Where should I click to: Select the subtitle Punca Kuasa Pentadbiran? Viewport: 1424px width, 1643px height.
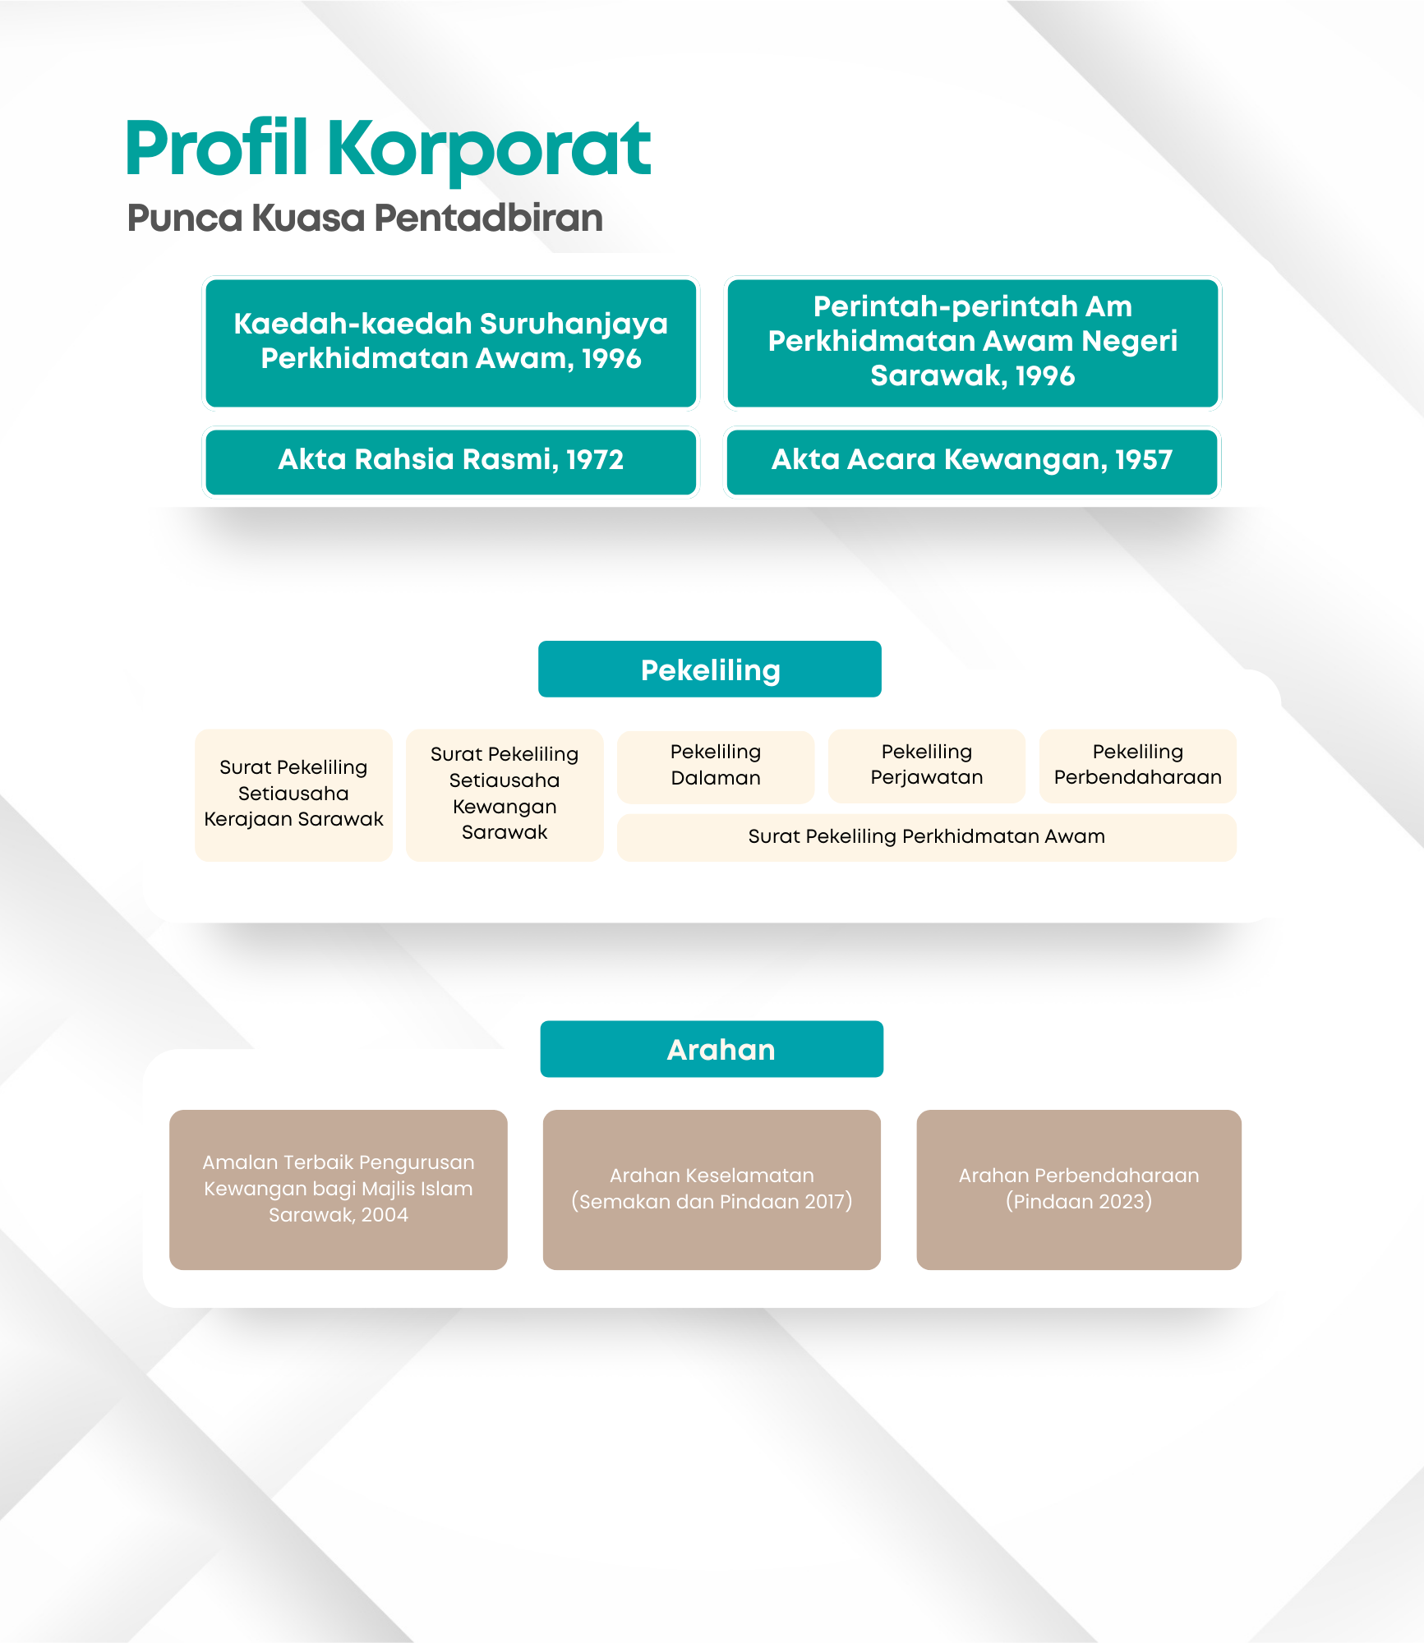(365, 218)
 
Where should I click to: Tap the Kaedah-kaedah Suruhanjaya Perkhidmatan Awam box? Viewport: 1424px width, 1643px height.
(451, 343)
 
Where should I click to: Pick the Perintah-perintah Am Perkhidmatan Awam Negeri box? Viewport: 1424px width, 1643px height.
(973, 343)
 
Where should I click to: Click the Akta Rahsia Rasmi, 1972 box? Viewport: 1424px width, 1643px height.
(451, 461)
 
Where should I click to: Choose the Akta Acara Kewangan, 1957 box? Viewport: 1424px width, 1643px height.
(972, 461)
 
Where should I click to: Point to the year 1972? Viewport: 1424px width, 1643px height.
(595, 460)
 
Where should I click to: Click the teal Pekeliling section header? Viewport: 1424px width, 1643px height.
(710, 670)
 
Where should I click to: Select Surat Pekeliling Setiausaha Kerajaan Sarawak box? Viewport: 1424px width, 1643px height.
(293, 794)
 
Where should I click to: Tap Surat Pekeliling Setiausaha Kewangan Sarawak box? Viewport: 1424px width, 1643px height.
(505, 794)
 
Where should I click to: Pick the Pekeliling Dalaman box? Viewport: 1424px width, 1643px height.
(716, 766)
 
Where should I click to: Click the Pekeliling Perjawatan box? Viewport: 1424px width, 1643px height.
(927, 766)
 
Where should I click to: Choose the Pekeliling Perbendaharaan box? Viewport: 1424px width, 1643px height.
(1138, 766)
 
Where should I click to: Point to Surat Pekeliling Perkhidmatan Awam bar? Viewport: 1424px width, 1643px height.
(927, 837)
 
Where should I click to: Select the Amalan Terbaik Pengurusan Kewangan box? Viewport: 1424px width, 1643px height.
(339, 1190)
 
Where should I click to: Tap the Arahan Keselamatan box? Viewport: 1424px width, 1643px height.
(712, 1190)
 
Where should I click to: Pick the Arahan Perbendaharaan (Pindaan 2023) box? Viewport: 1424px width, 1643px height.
(1079, 1190)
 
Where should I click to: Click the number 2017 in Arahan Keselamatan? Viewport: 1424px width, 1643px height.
(825, 1202)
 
